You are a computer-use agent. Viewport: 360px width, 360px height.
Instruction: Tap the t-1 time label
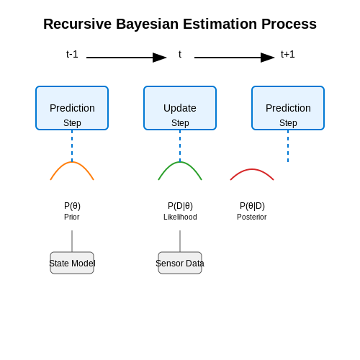click(x=72, y=54)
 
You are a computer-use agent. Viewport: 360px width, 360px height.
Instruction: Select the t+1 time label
click(x=288, y=54)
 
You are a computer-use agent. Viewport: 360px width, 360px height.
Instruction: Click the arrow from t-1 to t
click(x=127, y=58)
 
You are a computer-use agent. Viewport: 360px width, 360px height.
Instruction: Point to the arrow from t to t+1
click(x=235, y=58)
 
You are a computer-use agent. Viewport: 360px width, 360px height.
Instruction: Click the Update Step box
click(x=180, y=108)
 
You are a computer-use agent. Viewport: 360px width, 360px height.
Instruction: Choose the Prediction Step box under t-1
click(x=72, y=108)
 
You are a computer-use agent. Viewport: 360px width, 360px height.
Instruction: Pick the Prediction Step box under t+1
click(x=288, y=108)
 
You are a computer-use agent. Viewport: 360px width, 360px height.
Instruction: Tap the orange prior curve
click(x=72, y=162)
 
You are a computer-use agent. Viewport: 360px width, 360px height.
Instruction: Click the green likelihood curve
click(x=180, y=162)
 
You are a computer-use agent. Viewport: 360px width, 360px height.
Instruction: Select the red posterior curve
click(x=252, y=169)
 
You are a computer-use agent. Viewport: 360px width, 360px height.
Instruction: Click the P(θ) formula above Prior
click(x=72, y=206)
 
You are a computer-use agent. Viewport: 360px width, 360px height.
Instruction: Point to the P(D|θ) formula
click(x=180, y=206)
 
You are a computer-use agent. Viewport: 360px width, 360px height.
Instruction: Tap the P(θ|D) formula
click(x=252, y=206)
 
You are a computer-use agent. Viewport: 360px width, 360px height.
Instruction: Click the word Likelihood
click(x=180, y=217)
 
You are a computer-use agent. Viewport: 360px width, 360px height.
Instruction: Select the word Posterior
click(x=252, y=217)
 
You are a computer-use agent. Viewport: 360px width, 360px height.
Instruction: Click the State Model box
click(x=72, y=263)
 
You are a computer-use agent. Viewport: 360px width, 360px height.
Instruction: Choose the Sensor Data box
click(x=180, y=263)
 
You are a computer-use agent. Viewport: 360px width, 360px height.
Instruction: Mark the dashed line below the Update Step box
click(x=180, y=146)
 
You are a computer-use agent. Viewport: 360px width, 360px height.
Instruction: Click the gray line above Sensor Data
click(x=180, y=241)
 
